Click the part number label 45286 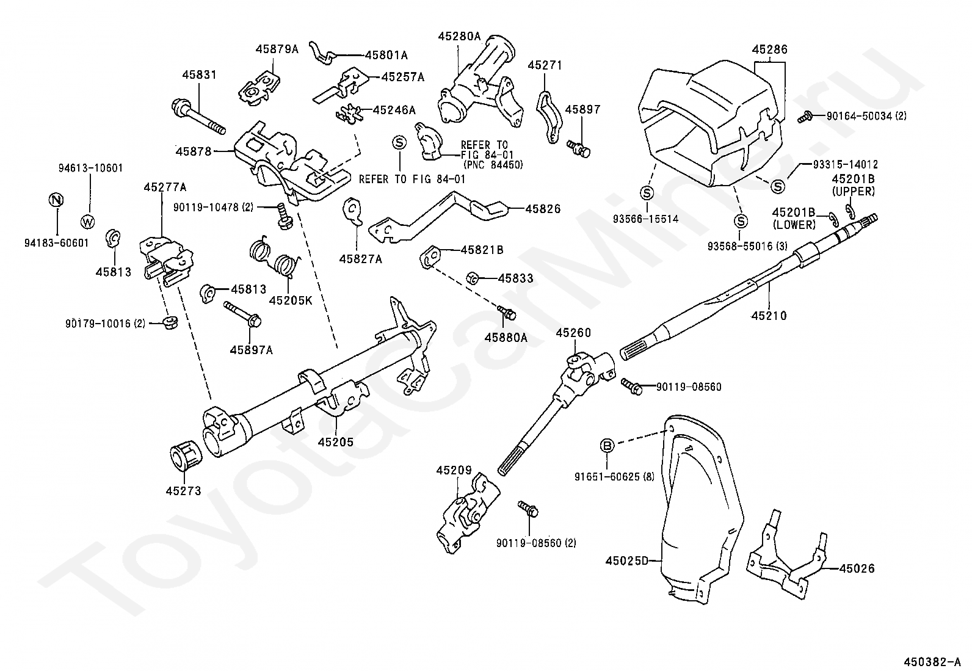(x=769, y=49)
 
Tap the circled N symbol (x=56, y=200)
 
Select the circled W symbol (x=88, y=222)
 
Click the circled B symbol (x=607, y=445)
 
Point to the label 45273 (x=184, y=491)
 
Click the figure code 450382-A (x=930, y=661)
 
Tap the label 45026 (x=857, y=568)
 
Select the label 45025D (x=626, y=560)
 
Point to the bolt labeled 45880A (x=507, y=313)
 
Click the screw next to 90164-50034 (x=805, y=116)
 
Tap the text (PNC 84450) (x=493, y=164)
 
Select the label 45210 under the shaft (x=769, y=316)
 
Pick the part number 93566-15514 (x=646, y=219)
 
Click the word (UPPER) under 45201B (x=853, y=191)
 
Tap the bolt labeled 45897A (x=243, y=314)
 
